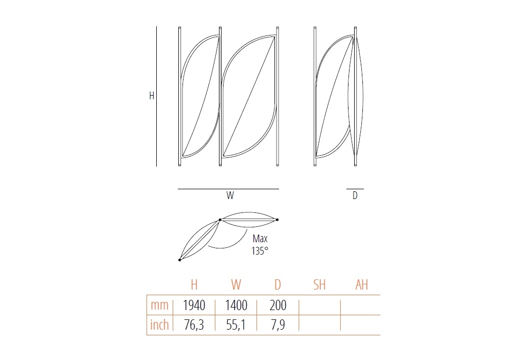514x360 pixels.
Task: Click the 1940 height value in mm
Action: point(194,305)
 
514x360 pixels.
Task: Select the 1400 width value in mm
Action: point(236,305)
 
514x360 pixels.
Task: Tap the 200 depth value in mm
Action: point(278,305)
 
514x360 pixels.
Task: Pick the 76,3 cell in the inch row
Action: point(194,325)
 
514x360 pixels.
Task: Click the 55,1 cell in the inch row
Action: point(236,325)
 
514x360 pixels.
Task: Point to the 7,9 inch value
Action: point(278,325)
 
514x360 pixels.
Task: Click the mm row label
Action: point(159,305)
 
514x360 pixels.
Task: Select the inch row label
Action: point(159,325)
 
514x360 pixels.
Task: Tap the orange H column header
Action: point(194,284)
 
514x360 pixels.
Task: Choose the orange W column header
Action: point(236,284)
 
